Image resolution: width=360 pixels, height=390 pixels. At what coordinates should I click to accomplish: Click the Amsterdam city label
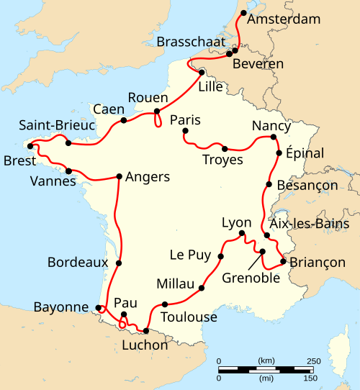click(283, 19)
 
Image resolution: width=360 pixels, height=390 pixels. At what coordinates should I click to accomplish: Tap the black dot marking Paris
click(186, 131)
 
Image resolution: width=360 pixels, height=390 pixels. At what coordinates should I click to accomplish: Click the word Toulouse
click(189, 317)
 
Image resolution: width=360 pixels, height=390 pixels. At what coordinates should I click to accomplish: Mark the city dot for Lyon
click(242, 233)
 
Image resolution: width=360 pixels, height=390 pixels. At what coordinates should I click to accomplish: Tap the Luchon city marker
click(146, 331)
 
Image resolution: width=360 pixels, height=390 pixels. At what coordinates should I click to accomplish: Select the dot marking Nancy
click(274, 137)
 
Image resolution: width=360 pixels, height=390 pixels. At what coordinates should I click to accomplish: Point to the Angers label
click(148, 176)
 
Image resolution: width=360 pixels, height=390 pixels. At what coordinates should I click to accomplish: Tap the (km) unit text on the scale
click(266, 360)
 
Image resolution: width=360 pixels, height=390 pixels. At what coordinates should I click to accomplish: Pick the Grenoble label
click(251, 277)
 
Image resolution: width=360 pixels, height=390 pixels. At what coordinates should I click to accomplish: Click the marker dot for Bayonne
click(98, 308)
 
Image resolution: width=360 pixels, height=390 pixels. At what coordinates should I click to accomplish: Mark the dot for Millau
click(201, 289)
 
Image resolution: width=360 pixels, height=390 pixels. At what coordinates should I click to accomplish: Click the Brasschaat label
click(190, 40)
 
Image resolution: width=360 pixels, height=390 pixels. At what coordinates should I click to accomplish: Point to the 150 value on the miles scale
click(311, 378)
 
